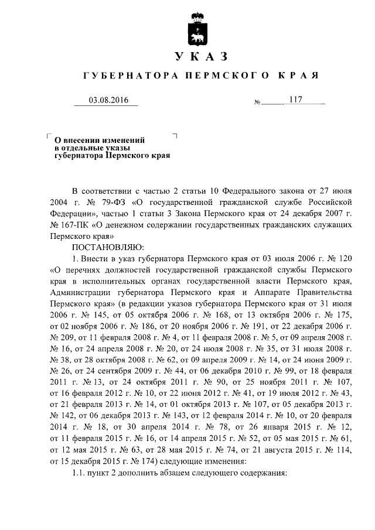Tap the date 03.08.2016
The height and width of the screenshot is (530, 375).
coord(105,100)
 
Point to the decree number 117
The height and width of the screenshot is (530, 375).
coord(295,100)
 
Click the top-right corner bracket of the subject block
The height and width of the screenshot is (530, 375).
coord(175,135)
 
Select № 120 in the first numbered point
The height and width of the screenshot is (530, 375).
coord(340,258)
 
